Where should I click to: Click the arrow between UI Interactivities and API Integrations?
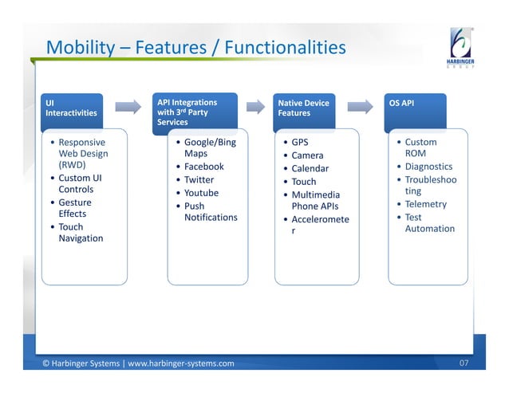128,107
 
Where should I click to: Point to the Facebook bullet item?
203,167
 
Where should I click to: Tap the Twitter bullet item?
199,180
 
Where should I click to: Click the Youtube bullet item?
201,193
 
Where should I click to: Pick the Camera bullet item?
307,155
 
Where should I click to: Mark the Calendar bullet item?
310,168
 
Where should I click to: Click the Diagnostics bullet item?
428,167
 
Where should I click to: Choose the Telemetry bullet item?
425,204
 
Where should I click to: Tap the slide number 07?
464,364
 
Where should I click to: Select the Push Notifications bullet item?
210,211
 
